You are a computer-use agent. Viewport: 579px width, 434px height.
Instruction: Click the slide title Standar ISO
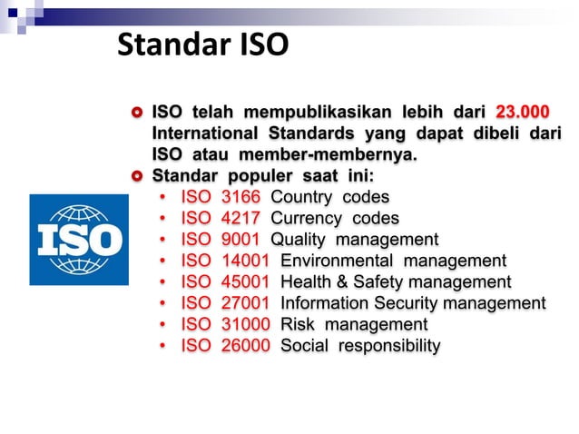[202, 44]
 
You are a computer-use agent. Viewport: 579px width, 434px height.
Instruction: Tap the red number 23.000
[522, 112]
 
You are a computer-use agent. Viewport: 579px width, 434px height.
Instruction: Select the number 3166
[240, 197]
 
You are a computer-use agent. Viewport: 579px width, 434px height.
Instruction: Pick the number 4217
[240, 218]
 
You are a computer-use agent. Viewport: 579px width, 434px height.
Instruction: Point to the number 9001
[240, 240]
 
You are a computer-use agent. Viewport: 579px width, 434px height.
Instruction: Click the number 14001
[245, 261]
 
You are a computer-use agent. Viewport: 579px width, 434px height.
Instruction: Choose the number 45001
[245, 282]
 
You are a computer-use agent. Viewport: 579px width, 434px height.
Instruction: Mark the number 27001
[245, 303]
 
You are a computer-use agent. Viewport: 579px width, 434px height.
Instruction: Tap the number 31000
[245, 324]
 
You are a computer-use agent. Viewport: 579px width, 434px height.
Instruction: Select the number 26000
[245, 346]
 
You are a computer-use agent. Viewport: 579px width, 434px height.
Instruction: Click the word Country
[305, 197]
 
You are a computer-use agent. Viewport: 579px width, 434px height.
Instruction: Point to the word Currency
[309, 218]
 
